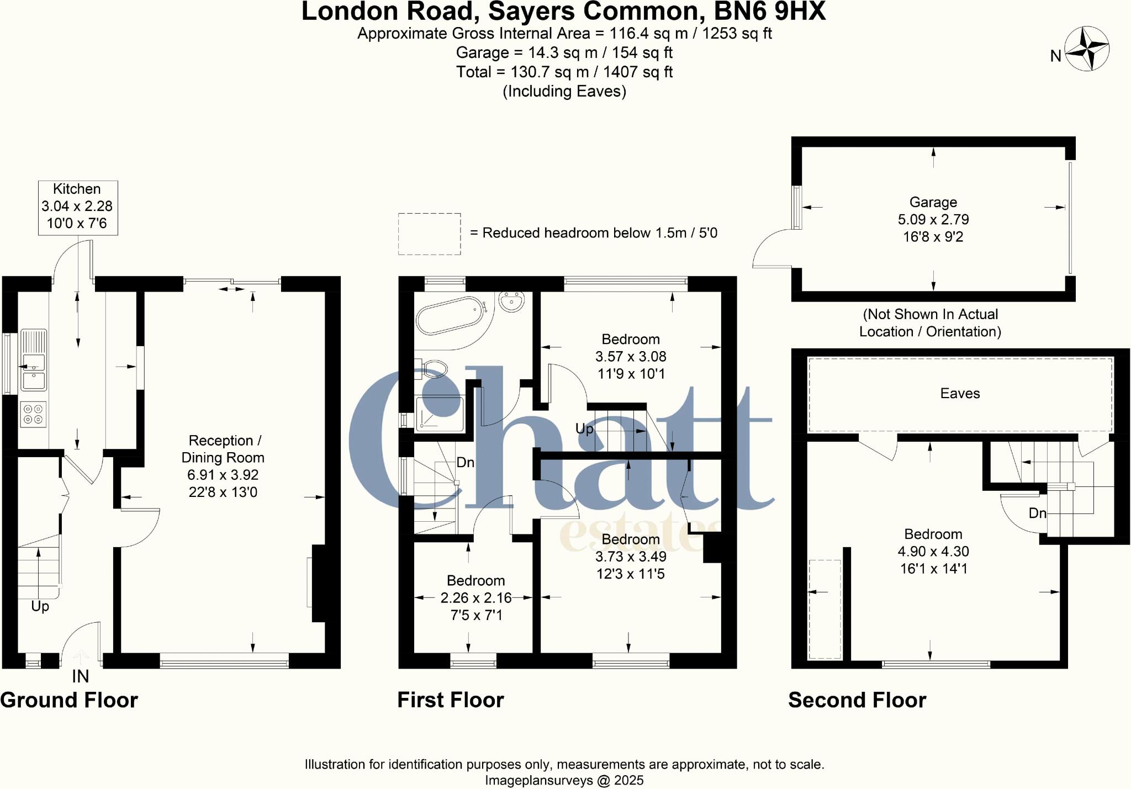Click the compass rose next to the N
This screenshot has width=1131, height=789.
click(x=1087, y=50)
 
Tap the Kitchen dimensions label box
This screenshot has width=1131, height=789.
click(x=77, y=207)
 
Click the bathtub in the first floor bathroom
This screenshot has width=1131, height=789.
click(x=449, y=316)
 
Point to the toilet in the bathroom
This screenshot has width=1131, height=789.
click(x=435, y=368)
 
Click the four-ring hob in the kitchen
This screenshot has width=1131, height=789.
click(x=33, y=414)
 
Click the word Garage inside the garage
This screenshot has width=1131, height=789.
click(x=933, y=202)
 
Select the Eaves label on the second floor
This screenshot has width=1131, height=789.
click(x=960, y=393)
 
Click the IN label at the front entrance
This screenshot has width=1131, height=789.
click(x=80, y=676)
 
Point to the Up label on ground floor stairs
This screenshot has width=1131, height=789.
click(x=40, y=606)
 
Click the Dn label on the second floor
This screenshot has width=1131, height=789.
click(x=1037, y=513)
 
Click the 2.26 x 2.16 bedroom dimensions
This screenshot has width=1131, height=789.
click(x=475, y=597)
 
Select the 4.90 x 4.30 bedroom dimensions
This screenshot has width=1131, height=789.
click(x=933, y=551)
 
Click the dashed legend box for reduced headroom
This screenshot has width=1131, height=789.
click(x=429, y=234)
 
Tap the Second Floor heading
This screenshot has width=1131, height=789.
click(x=857, y=700)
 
